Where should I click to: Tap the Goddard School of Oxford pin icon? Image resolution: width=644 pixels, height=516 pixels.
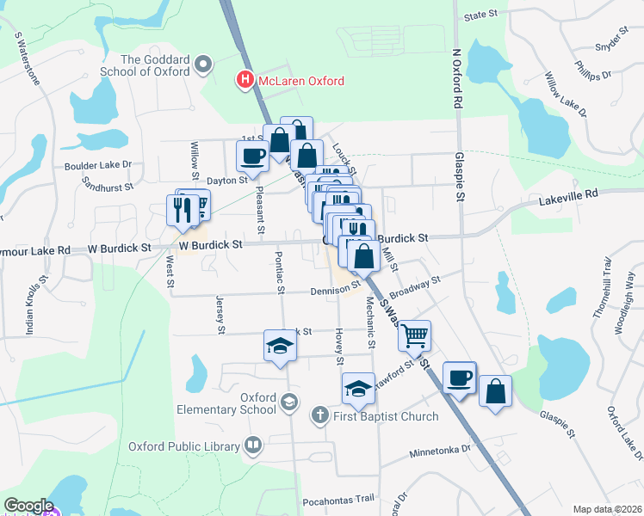[203, 64]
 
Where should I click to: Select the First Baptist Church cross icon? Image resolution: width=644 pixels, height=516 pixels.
[319, 416]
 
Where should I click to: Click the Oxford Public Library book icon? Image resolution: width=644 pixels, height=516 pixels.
[253, 445]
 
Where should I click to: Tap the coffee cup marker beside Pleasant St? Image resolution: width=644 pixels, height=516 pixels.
[252, 156]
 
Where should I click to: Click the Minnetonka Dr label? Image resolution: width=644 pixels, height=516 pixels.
[441, 450]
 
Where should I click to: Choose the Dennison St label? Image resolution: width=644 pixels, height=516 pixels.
[336, 291]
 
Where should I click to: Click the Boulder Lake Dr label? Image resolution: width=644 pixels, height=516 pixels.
[97, 164]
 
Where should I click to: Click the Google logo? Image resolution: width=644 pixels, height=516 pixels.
[28, 506]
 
